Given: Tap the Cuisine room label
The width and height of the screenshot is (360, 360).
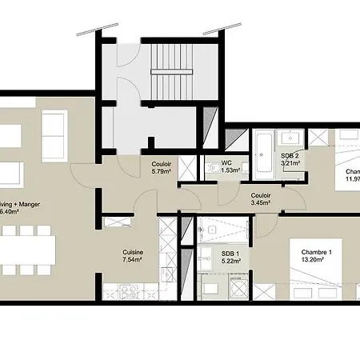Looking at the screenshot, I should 133,250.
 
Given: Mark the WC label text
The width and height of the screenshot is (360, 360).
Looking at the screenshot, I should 227,162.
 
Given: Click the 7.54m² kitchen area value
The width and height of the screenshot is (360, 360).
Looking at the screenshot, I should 133,259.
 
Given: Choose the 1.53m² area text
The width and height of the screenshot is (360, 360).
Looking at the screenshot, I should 232,170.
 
